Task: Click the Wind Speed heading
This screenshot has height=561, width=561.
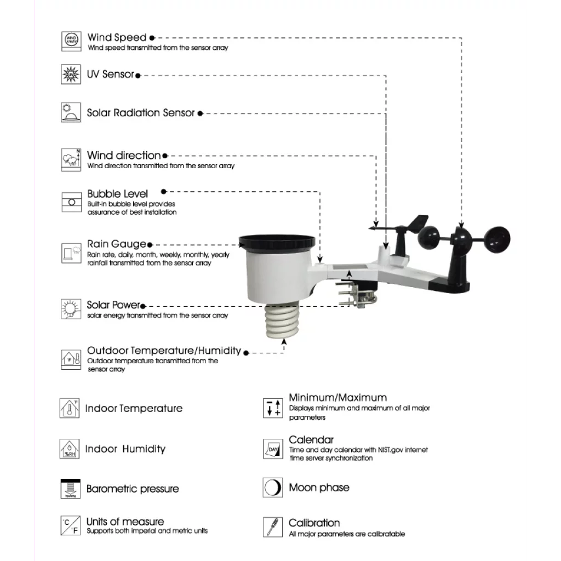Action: (117, 38)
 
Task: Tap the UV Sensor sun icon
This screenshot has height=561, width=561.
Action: (71, 74)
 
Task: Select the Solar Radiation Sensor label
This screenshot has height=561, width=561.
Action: (141, 113)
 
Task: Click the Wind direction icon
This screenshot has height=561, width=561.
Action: (71, 159)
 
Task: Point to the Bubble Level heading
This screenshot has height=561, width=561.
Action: (117, 194)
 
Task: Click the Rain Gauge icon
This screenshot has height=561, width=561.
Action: (71, 253)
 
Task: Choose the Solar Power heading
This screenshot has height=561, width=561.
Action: (113, 305)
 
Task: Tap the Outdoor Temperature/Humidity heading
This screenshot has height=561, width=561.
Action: (164, 351)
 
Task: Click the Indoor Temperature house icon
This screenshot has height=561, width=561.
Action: (70, 409)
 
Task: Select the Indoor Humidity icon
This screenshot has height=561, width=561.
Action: (70, 449)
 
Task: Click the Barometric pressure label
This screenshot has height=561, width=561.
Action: (133, 489)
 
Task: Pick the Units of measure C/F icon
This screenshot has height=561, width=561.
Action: (70, 526)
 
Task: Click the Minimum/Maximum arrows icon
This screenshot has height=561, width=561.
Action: (273, 408)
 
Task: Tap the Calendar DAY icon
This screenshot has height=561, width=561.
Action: (273, 449)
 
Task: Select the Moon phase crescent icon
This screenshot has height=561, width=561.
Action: (272, 488)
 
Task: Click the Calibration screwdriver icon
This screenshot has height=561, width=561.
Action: (272, 527)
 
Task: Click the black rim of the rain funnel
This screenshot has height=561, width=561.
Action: (277, 241)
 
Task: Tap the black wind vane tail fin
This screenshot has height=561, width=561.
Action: (419, 222)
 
